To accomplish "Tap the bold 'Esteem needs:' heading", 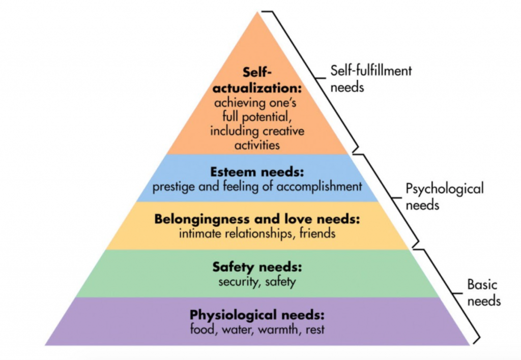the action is (257, 172).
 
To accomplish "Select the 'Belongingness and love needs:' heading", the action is (257, 219).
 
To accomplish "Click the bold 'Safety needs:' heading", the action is (257, 267).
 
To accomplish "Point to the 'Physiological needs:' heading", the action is (257, 315).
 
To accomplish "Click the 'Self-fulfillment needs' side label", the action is (371, 79).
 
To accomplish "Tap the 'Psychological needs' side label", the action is (445, 197).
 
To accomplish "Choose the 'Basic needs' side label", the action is (483, 292).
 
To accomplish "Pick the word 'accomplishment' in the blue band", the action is (320, 187).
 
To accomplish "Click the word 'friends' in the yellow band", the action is (317, 233).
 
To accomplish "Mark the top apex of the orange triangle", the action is (257, 12).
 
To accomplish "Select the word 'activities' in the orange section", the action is (257, 145).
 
